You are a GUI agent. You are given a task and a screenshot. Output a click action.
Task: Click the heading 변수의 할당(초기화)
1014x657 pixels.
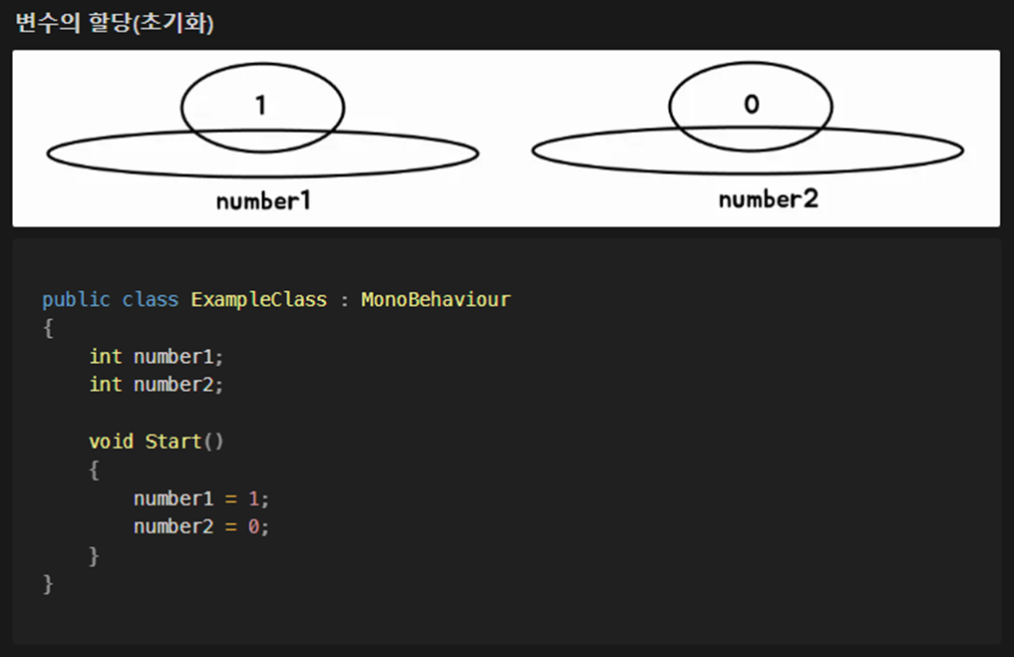click(x=115, y=23)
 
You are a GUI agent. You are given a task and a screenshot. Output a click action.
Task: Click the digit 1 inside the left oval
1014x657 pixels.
click(x=260, y=105)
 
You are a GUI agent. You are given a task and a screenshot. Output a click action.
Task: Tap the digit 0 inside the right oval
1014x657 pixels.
click(x=751, y=105)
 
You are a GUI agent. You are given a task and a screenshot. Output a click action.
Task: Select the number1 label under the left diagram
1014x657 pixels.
click(x=263, y=200)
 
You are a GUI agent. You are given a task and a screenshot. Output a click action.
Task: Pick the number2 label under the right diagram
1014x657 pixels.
click(x=768, y=199)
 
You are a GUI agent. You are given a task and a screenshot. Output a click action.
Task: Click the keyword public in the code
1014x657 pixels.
click(x=76, y=299)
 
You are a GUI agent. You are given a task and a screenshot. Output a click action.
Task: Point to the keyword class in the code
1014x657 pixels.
click(x=151, y=299)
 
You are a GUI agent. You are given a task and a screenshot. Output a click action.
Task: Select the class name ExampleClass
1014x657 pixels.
click(x=258, y=299)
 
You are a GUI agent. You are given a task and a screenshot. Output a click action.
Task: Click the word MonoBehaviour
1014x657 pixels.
click(x=435, y=299)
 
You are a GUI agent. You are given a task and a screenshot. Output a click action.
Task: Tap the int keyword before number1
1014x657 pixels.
click(x=106, y=356)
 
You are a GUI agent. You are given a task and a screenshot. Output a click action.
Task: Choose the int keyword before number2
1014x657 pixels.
click(x=106, y=384)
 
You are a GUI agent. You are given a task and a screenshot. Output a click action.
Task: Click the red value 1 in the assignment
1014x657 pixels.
click(x=253, y=497)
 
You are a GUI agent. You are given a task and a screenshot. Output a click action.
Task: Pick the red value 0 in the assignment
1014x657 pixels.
click(x=253, y=526)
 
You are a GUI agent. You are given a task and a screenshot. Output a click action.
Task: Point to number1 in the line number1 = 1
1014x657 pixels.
click(x=173, y=497)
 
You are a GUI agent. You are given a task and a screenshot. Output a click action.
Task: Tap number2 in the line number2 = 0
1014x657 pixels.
click(x=173, y=526)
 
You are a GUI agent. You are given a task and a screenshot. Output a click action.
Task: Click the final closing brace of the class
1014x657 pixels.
click(x=48, y=583)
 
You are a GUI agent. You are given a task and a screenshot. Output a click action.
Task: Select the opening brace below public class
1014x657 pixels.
click(x=48, y=327)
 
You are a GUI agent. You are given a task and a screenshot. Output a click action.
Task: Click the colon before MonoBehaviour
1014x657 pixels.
click(x=344, y=300)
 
